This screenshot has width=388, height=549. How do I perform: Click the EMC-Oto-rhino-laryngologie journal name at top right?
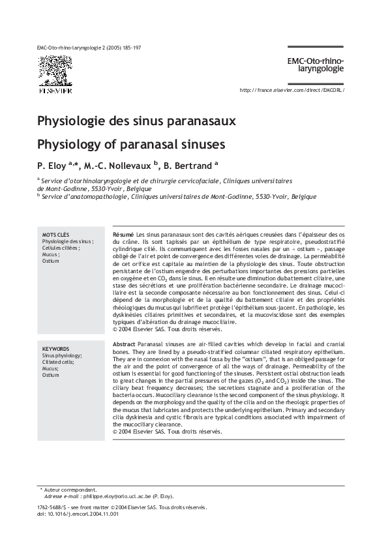click(x=316, y=64)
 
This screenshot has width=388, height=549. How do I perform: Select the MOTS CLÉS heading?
click(x=56, y=235)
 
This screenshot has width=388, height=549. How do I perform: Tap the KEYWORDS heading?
click(x=56, y=349)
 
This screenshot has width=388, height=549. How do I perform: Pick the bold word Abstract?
click(x=124, y=344)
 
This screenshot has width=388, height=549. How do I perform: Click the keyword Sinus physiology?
click(x=62, y=356)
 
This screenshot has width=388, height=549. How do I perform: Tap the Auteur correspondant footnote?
click(x=70, y=490)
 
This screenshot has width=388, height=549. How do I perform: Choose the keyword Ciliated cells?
click(x=58, y=363)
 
